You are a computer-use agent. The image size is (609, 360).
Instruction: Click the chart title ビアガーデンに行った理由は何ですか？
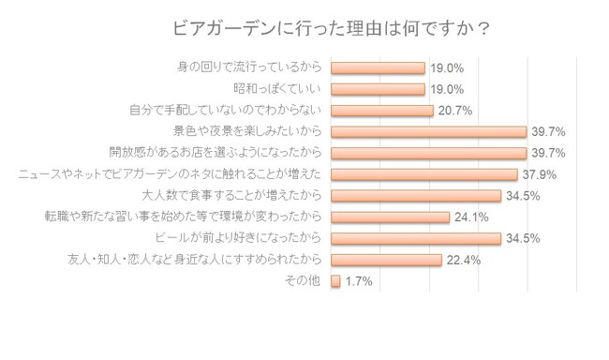pyautogui.click(x=331, y=28)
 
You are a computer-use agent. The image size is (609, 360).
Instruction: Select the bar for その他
pyautogui.click(x=335, y=280)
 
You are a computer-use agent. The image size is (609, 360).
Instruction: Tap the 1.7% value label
pyautogui.click(x=359, y=281)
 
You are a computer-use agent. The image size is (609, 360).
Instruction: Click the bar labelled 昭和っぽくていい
pyautogui.click(x=378, y=89)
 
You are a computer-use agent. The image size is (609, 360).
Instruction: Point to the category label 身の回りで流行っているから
pyautogui.click(x=249, y=67)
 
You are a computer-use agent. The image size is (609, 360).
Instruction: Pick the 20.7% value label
pyautogui.click(x=454, y=111)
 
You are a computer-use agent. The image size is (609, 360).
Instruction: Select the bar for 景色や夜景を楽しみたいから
pyautogui.click(x=429, y=132)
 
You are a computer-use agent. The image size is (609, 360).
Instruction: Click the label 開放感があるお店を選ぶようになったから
pyautogui.click(x=215, y=152)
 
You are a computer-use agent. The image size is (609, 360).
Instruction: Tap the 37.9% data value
pyautogui.click(x=539, y=174)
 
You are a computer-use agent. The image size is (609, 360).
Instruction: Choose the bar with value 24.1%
pyautogui.click(x=391, y=217)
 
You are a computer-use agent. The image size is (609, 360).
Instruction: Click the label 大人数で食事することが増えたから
pyautogui.click(x=231, y=195)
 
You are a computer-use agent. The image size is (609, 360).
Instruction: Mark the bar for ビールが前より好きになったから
pyautogui.click(x=416, y=238)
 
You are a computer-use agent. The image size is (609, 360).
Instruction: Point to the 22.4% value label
pyautogui.click(x=464, y=260)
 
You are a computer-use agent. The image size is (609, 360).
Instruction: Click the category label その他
pyautogui.click(x=303, y=280)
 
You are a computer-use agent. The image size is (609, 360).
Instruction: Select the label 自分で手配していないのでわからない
pyautogui.click(x=225, y=110)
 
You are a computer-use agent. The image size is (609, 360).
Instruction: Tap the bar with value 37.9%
pyautogui.click(x=424, y=174)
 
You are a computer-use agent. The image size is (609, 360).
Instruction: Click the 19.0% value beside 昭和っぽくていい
pyautogui.click(x=447, y=89)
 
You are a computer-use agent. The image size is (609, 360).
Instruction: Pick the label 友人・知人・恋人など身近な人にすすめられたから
pyautogui.click(x=195, y=259)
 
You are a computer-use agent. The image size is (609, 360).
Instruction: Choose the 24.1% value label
pyautogui.click(x=471, y=217)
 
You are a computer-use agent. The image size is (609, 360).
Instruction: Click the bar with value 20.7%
pyautogui.click(x=382, y=111)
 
